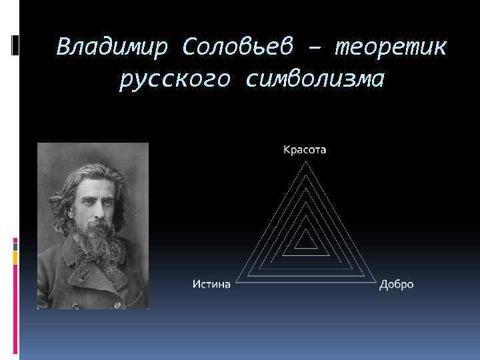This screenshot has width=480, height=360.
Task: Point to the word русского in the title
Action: coord(175,79)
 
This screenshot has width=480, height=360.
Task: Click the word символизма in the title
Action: coord(315,79)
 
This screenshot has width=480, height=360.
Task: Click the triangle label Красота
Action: coord(305,150)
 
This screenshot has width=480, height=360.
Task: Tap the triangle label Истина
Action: coord(211,285)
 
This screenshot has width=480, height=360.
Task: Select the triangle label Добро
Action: coord(397,285)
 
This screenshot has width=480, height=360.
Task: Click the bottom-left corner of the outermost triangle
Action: coord(237,283)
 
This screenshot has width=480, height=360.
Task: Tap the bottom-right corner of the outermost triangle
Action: coord(373,283)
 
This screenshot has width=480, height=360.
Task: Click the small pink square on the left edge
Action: coord(15,241)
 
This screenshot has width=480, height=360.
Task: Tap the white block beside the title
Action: coord(15,45)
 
